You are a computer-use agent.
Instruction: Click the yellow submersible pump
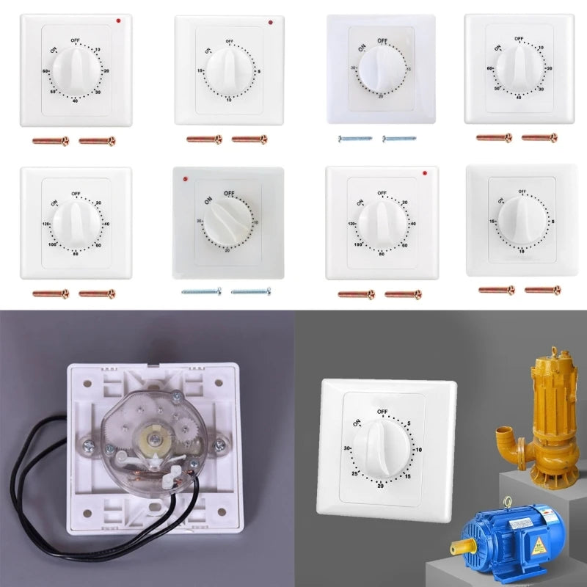(x=547, y=411)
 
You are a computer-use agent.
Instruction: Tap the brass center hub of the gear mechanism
(x=156, y=437)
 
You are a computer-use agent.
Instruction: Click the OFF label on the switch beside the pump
(x=382, y=412)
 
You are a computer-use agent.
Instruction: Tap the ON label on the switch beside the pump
(x=357, y=423)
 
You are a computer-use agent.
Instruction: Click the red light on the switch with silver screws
(x=187, y=178)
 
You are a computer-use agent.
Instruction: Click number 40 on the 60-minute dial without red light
(x=518, y=97)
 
